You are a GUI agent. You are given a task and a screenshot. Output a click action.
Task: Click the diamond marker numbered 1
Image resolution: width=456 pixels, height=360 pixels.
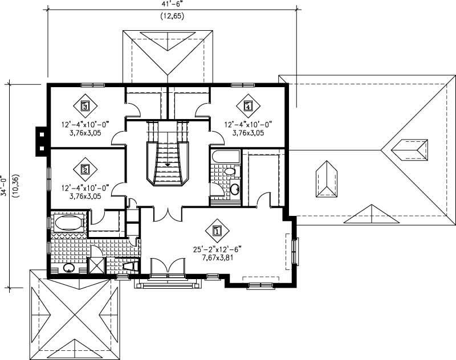pyautogui.click(x=217, y=231)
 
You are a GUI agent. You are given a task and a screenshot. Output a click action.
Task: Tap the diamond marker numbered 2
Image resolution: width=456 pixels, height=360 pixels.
pyautogui.click(x=85, y=169)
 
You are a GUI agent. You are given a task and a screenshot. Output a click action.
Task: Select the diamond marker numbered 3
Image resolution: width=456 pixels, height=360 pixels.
pyautogui.click(x=85, y=105)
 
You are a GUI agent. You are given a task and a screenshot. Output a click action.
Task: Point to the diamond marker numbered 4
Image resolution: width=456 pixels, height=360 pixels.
pyautogui.click(x=247, y=105)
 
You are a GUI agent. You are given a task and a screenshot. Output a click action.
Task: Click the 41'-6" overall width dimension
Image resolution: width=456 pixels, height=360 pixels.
pyautogui.click(x=172, y=5)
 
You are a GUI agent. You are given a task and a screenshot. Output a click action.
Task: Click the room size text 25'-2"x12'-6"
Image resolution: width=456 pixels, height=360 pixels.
pyautogui.click(x=217, y=249)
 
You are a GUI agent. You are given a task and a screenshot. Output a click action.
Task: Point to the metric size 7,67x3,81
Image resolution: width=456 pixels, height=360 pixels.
pyautogui.click(x=217, y=257)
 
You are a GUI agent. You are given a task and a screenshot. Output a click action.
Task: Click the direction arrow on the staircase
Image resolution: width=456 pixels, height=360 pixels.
pyautogui.click(x=168, y=165)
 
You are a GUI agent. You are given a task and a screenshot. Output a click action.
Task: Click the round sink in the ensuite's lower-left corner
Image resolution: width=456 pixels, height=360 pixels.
pyautogui.click(x=68, y=268)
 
